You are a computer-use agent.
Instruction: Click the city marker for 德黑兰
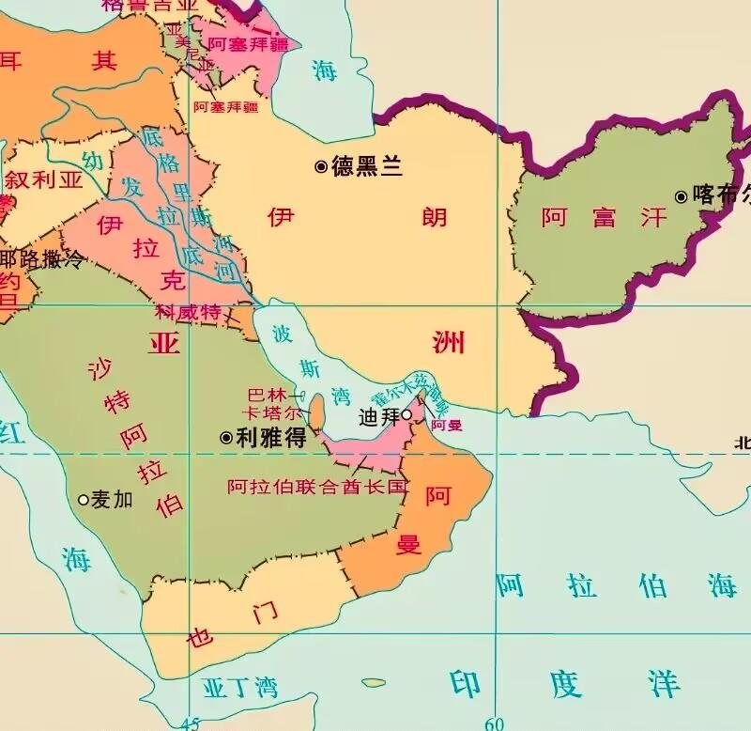(321, 166)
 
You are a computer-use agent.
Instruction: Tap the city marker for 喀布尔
(681, 196)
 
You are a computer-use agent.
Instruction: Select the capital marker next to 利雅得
(225, 438)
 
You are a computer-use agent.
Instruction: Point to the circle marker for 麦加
(83, 500)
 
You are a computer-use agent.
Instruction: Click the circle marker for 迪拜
(406, 414)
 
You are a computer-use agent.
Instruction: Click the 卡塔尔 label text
(272, 413)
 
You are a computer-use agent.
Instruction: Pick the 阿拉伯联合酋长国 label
(317, 487)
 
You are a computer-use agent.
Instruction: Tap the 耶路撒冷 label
(41, 259)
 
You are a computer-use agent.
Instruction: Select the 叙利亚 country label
(43, 179)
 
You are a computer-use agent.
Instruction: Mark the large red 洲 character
(448, 341)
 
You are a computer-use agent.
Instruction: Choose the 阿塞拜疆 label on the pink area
(248, 43)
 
